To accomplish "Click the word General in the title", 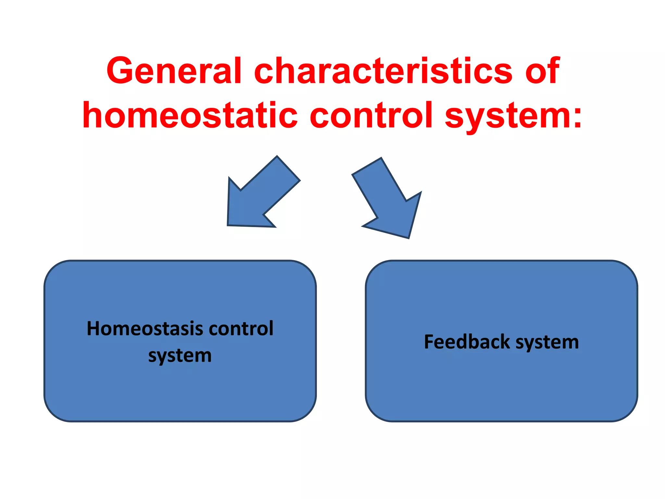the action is click(174, 70).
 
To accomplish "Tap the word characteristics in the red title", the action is click(383, 70).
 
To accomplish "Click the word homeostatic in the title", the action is click(190, 115).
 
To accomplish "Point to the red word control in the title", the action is click(371, 115).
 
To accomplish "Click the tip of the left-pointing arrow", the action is click(228, 225).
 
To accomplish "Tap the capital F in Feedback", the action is click(429, 342).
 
